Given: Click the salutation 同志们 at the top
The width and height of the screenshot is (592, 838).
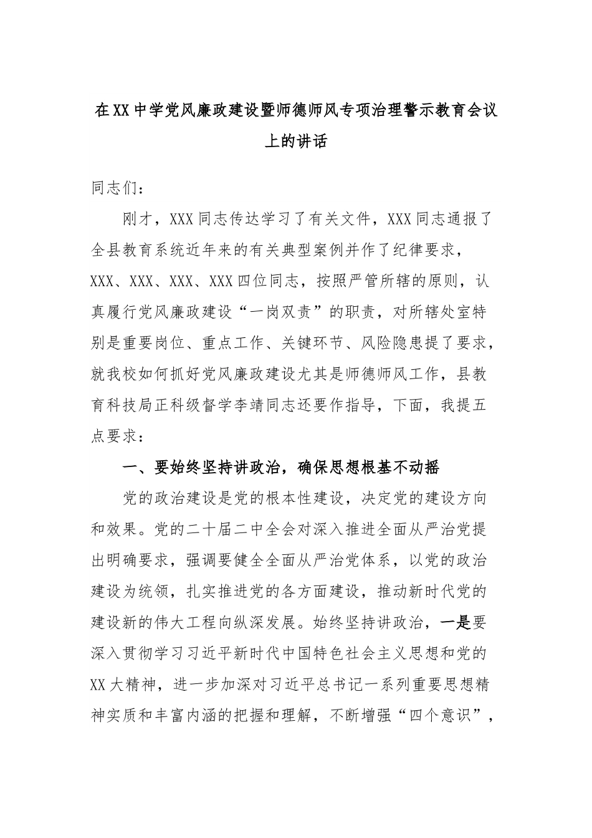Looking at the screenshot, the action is pos(113,188).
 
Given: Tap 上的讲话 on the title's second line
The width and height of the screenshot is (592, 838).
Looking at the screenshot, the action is pos(295,142).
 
